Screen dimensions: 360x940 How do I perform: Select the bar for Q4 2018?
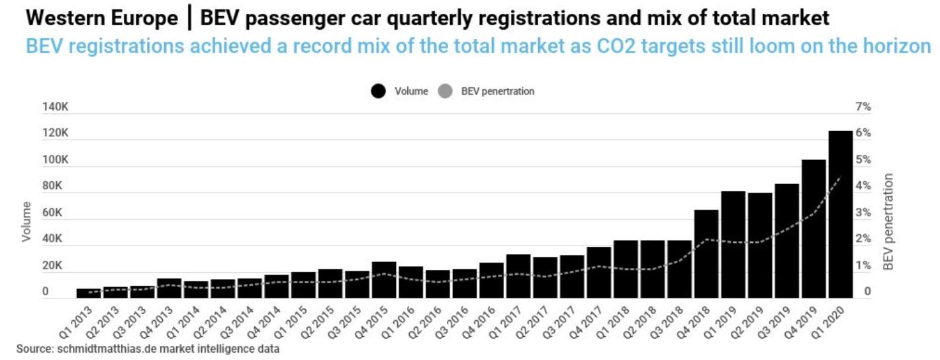coord(706,254)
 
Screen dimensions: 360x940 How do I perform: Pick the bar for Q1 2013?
coord(88,294)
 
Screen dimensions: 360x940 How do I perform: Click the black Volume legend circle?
coord(379,91)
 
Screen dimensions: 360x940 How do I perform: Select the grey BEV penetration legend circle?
coord(447,91)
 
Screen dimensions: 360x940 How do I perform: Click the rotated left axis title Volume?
coord(27,221)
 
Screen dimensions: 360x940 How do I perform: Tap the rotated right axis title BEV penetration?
coord(889,222)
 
